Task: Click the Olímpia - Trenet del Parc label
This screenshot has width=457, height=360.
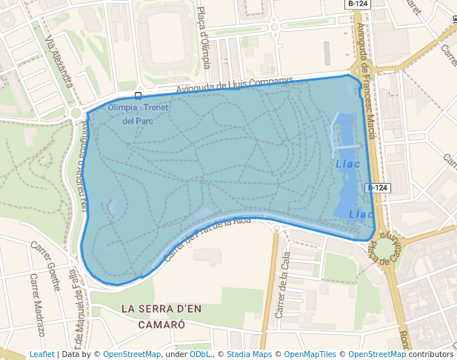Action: (x=139, y=114)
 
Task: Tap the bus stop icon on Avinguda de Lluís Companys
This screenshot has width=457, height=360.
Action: (x=139, y=96)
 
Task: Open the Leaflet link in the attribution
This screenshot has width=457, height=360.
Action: (x=41, y=355)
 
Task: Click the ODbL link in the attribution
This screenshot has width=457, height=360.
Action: (x=200, y=355)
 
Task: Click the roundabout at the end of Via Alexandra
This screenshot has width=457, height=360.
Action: (x=76, y=113)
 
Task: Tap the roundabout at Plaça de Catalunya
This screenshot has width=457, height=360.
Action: (x=387, y=248)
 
